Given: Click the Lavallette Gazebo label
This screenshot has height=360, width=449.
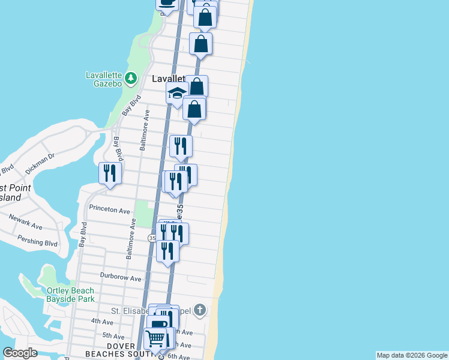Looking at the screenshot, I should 104,79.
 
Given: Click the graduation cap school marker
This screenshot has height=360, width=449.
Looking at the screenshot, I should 177,94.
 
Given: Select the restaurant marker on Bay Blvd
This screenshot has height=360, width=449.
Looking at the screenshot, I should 110,173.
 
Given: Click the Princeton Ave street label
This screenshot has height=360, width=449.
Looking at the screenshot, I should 109,211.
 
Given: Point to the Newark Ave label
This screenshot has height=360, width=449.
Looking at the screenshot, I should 26,223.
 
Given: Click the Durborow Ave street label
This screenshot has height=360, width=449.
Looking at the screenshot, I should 120,278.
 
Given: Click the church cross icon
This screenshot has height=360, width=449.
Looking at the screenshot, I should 200,310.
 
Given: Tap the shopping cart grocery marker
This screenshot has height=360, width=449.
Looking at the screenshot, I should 155,338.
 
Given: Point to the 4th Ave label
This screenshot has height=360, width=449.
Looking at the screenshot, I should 98,322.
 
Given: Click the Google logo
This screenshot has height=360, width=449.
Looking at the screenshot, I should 19,353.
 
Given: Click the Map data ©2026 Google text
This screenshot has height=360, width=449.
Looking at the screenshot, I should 412,355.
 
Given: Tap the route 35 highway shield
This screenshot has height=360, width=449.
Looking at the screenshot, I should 152,238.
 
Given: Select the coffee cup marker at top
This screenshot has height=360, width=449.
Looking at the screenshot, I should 167,3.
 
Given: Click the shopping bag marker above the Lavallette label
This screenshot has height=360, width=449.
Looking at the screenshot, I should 200,44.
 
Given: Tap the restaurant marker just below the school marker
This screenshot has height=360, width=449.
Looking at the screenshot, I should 181,146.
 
